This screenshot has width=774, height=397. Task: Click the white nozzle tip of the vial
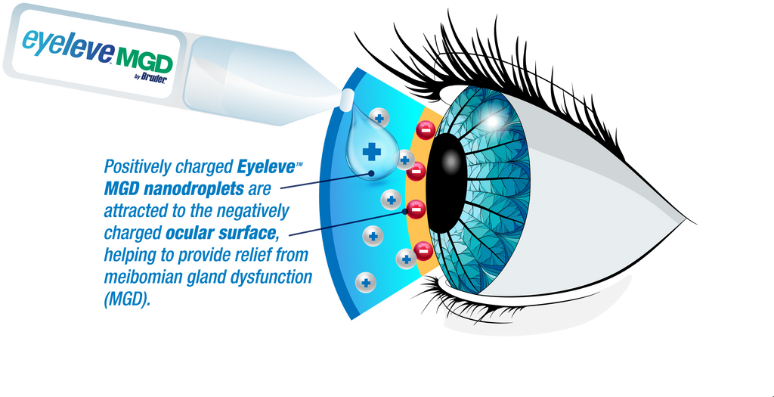tap(348, 98)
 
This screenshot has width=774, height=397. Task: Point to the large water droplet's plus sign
tap(371, 151)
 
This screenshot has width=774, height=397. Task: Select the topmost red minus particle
tap(425, 130)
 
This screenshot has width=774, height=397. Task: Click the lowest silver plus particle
tap(366, 284)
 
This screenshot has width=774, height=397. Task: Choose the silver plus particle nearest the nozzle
tap(379, 117)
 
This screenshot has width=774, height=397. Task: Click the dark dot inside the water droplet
tap(372, 172)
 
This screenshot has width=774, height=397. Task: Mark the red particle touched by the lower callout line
tap(416, 209)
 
